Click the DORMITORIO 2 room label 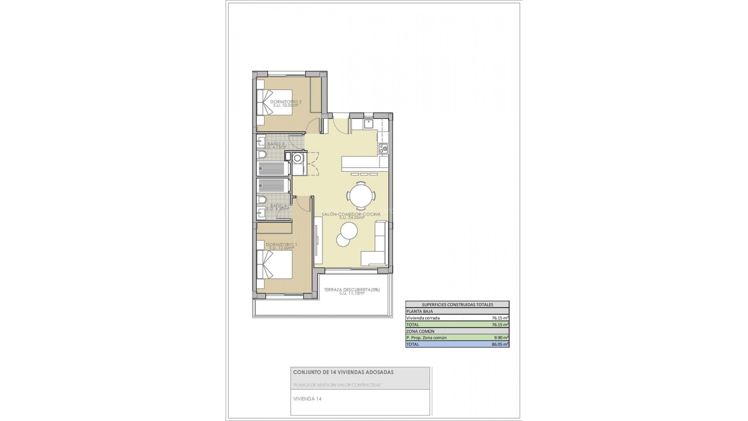tap(286, 102)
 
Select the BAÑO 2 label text tap(275, 144)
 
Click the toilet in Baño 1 tap(262, 200)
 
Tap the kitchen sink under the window tap(369, 124)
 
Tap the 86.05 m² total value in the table tap(500, 344)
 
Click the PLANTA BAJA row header tap(417, 311)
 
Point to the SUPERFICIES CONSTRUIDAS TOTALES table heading tap(457, 304)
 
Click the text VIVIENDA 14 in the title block tap(307, 399)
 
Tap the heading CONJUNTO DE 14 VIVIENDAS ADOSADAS tap(343, 372)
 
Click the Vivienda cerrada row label tap(423, 318)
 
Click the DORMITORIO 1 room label tap(281, 245)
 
